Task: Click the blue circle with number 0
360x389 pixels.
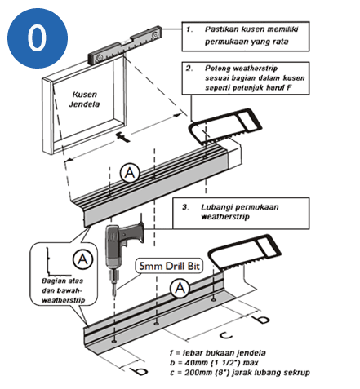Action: [x=38, y=38]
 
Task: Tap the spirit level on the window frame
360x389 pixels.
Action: [x=125, y=44]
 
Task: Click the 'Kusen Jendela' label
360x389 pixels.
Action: [x=84, y=99]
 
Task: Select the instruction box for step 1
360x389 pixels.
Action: [x=246, y=36]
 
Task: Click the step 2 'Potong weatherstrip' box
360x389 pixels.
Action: [x=246, y=78]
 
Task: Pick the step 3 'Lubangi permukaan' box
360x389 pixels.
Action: [x=241, y=213]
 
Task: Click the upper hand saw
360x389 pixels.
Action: [x=224, y=126]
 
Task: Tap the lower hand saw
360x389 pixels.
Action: [x=244, y=252]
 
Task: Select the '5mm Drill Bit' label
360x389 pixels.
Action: [x=169, y=266]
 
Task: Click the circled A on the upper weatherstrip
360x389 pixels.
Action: [x=130, y=173]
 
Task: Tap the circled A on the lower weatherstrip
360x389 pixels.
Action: [x=180, y=288]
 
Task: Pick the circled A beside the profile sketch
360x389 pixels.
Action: [x=82, y=259]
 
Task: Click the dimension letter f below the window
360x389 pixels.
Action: [x=122, y=137]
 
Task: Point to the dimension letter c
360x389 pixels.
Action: [x=226, y=335]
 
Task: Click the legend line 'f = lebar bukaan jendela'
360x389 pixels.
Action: [x=218, y=353]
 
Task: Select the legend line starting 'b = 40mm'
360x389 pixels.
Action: [x=214, y=363]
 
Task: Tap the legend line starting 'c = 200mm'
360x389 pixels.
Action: [x=240, y=372]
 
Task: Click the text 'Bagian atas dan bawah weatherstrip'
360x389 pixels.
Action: [x=63, y=290]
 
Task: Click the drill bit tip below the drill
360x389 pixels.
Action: [x=114, y=295]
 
